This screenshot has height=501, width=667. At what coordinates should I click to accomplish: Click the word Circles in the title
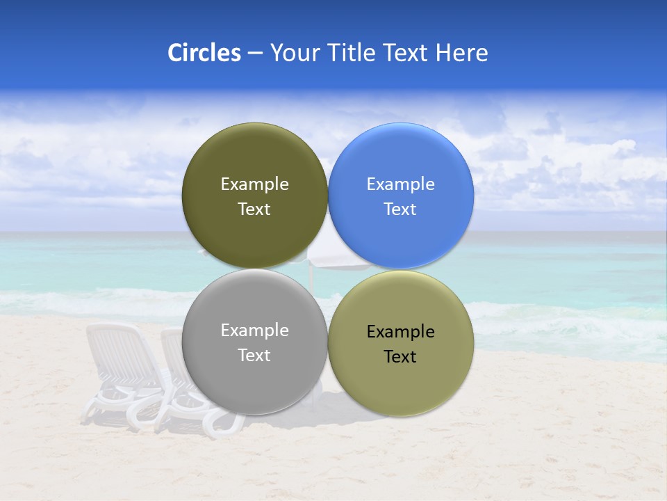(204, 53)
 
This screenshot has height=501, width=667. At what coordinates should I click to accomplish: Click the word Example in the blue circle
(400, 184)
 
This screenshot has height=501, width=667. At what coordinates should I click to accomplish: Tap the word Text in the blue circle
(400, 209)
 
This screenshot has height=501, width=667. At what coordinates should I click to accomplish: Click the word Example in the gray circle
(254, 331)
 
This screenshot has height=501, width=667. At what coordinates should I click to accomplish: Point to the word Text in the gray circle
(254, 356)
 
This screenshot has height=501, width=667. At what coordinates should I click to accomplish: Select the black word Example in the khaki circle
(400, 332)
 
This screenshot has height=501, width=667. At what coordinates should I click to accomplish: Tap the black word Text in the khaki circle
(400, 357)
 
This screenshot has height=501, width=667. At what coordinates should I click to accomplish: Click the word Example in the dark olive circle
(254, 184)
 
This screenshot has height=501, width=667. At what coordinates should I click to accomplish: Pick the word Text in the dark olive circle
(254, 209)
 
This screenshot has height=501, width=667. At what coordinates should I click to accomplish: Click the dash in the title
(254, 54)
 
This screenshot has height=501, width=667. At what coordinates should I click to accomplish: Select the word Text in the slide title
(406, 53)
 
